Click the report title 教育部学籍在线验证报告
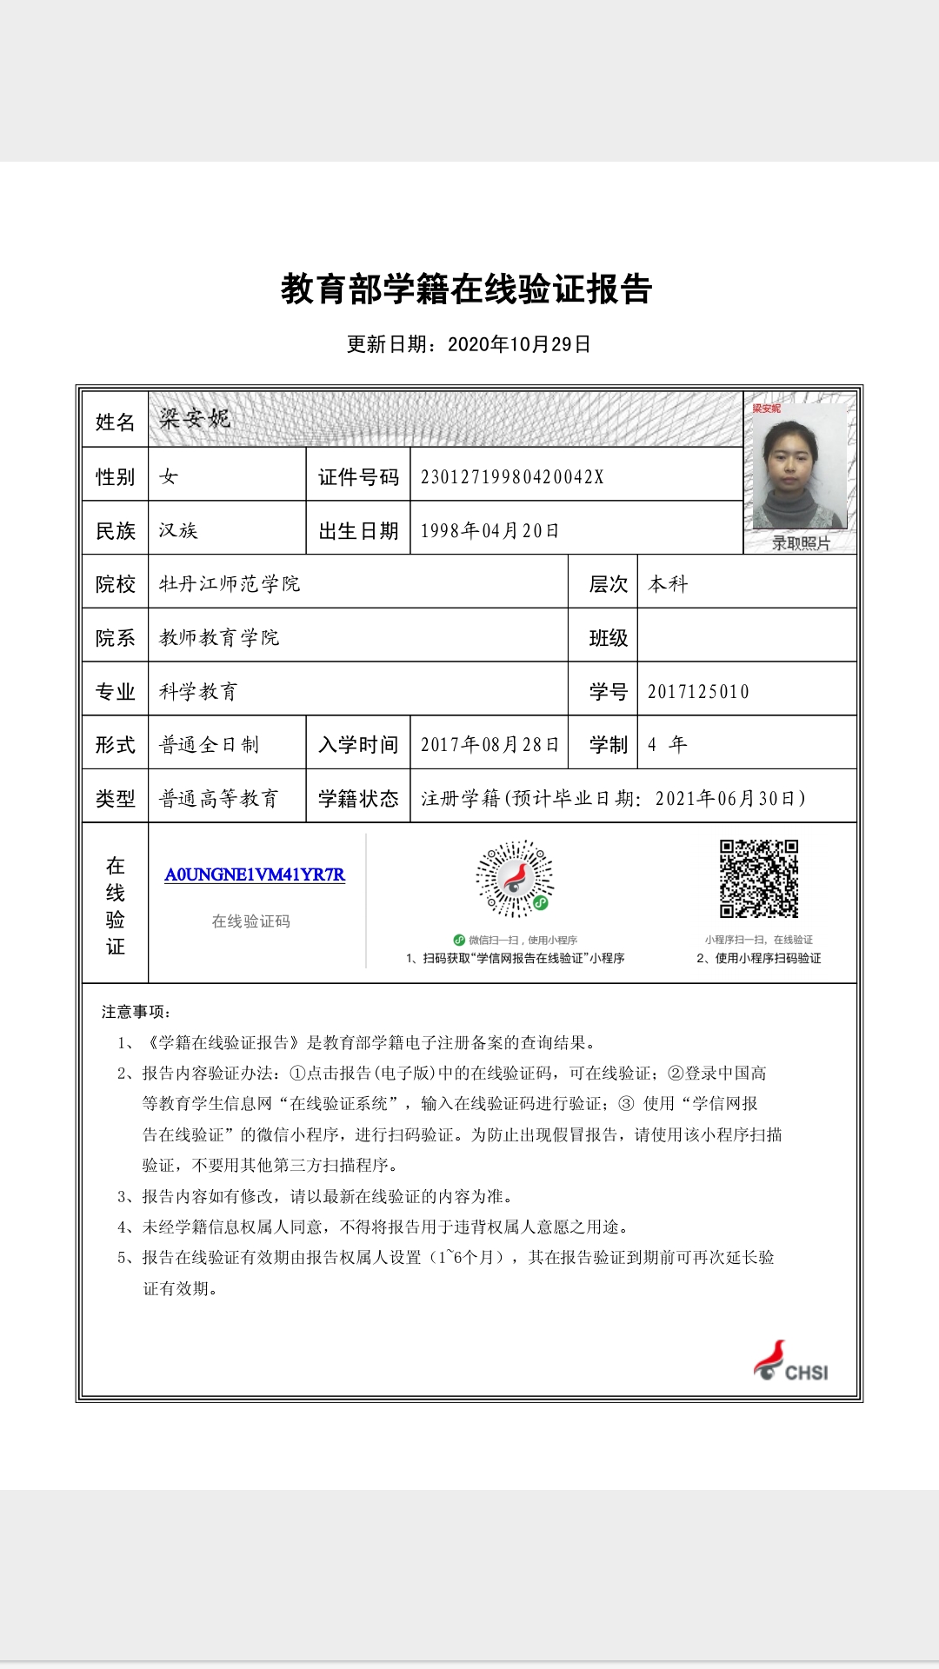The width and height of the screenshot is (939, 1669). pos(467,289)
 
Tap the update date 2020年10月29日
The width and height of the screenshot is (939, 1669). pos(519,344)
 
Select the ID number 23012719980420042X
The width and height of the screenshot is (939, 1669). pos(512,476)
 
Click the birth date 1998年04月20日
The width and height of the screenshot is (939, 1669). pos(489,530)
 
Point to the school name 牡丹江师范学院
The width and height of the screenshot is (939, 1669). pos(230,583)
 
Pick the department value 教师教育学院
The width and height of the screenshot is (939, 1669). pos(219,637)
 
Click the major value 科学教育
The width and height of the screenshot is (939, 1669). pos(198,691)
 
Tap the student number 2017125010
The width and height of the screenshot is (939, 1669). pos(698,691)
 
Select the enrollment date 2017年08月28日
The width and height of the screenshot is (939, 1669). pos(489,744)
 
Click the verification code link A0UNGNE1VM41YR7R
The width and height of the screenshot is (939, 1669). pos(255,874)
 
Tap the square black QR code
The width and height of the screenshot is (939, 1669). pos(759,878)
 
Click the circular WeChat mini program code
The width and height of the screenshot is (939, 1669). pos(515,878)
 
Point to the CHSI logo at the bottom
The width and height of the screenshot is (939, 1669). pos(790,1361)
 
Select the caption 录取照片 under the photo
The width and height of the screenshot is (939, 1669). pos(801,543)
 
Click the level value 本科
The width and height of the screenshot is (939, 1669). pos(668,583)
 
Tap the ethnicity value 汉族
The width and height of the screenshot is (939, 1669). pos(178,530)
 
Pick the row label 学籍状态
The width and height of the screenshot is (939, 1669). pos(358,798)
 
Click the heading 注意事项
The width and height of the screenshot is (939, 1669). pos(136,1011)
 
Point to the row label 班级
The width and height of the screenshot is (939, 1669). pos(609,638)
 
